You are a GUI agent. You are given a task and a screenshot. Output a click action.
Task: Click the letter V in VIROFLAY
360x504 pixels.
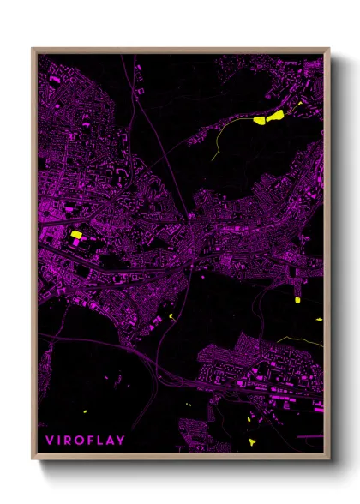[x=49, y=442]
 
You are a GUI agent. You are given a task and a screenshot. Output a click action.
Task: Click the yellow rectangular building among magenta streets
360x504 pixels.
[x=75, y=234]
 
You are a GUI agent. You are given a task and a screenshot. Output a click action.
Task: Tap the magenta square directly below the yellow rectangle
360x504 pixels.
[x=75, y=244]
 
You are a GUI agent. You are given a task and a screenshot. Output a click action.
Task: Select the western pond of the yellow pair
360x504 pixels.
[x=261, y=121]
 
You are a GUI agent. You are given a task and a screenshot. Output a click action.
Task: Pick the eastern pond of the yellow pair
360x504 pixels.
[x=277, y=113]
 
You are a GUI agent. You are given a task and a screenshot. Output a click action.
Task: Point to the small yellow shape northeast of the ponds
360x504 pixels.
[x=299, y=103]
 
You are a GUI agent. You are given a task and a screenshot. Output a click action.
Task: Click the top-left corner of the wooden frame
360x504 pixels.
[x=33, y=49]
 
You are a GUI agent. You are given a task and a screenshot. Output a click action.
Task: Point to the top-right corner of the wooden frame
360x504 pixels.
[x=329, y=49]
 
